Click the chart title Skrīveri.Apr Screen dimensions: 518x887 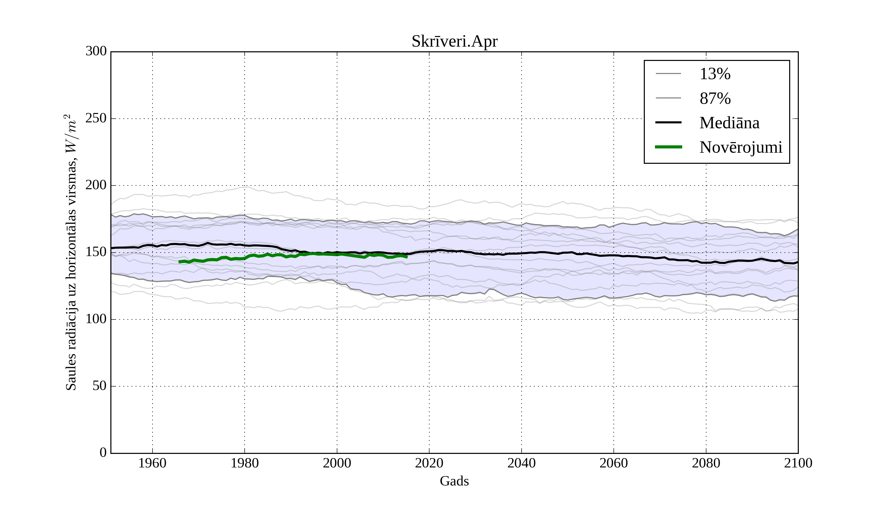point(454,42)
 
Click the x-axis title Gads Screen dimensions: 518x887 point(454,481)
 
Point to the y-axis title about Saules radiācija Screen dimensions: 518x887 point(71,252)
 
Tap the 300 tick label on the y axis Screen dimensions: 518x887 point(96,52)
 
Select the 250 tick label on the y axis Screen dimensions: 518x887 point(96,118)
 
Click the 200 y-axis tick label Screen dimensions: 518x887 point(96,185)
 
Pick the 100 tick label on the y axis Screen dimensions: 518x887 point(96,319)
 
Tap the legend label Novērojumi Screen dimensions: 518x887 point(741,147)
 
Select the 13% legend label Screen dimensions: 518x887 point(715,74)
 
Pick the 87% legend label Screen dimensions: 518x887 point(715,98)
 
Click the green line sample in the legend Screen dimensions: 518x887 point(668,147)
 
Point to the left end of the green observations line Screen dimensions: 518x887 point(180,262)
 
